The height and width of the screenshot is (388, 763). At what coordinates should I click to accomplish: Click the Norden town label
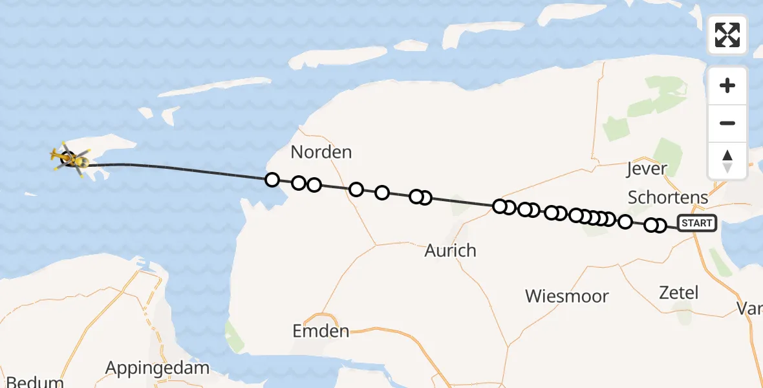321,153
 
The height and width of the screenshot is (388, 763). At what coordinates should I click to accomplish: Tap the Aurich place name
450,250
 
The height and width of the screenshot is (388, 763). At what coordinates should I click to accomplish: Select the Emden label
321,332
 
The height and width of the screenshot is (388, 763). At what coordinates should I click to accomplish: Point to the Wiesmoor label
566,296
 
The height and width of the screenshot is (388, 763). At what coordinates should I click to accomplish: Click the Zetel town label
678,292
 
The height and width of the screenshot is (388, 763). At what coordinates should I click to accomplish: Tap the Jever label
647,169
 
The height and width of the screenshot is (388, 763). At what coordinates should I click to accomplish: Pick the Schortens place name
668,197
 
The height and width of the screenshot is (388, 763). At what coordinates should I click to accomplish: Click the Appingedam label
157,368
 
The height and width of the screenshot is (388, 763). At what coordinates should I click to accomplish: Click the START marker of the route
696,223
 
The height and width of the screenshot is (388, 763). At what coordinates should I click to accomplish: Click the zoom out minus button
727,123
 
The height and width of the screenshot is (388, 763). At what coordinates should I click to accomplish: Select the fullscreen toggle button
727,35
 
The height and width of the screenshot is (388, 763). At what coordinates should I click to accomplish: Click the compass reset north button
727,160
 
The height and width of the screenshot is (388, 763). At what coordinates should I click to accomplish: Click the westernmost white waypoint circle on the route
272,180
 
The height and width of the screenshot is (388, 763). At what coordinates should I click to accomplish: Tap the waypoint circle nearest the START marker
660,225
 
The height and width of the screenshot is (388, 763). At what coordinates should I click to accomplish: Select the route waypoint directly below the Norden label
314,185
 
